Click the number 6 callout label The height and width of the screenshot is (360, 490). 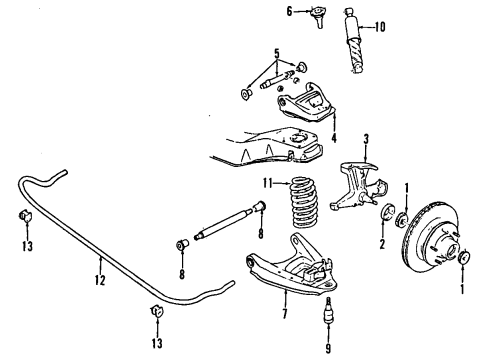tap(289, 12)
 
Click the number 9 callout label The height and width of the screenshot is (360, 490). tap(327, 348)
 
